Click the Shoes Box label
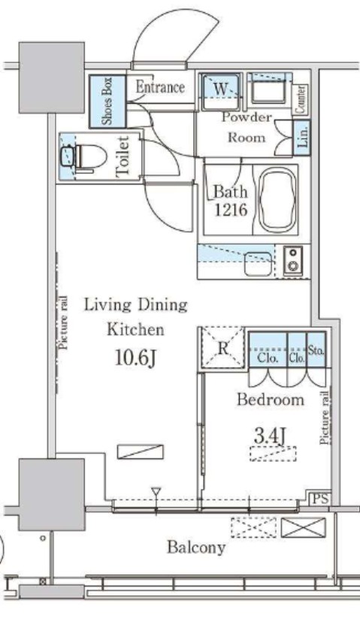point(107,101)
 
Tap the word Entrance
point(160,86)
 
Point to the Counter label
point(301,99)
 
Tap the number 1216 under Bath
point(231,210)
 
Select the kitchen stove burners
point(294,261)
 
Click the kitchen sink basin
point(258,265)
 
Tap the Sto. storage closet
point(316,350)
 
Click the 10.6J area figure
point(135,358)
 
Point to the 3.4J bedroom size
point(270,436)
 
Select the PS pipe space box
point(320,498)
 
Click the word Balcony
point(196,547)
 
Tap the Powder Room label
point(247,127)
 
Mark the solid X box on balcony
point(304,528)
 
